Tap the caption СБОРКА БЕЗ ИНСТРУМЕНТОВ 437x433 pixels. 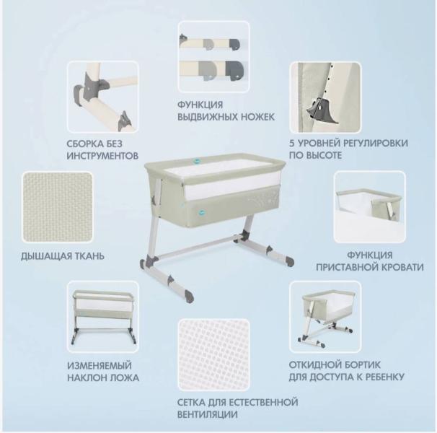pos(101,149)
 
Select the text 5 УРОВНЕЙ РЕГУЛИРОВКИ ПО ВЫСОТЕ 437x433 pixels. pos(348,149)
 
